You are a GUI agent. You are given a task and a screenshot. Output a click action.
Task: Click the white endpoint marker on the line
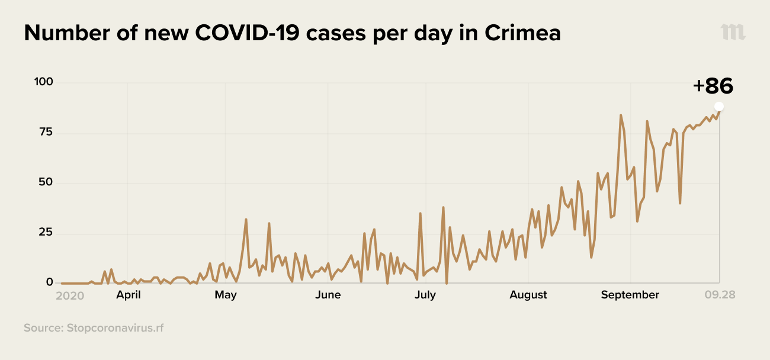[719, 107]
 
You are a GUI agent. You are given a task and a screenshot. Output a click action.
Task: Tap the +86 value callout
[713, 86]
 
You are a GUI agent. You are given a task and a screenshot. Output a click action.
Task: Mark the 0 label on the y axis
[50, 282]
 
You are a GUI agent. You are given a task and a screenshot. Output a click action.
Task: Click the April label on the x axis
[128, 295]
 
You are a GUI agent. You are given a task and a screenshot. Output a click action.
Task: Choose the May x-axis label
[226, 295]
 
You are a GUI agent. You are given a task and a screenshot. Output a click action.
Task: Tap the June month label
[328, 295]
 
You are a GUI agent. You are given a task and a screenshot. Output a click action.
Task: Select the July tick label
[425, 295]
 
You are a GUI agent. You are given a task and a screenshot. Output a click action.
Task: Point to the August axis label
[528, 295]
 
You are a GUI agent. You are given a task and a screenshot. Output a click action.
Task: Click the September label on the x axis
[630, 295]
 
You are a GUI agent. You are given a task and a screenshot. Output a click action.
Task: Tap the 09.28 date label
[720, 295]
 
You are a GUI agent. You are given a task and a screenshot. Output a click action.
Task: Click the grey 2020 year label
[70, 295]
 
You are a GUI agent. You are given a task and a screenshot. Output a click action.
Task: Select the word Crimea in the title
[522, 33]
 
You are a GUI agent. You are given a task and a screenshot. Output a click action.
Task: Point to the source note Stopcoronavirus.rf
[94, 327]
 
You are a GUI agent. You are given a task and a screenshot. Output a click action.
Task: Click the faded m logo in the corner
[733, 33]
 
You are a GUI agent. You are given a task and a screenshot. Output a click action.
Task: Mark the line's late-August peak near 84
[621, 115]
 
